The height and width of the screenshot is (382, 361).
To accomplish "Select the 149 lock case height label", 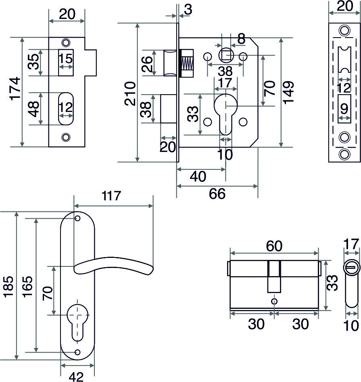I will (x=288, y=92).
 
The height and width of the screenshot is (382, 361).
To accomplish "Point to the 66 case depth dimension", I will (x=217, y=194).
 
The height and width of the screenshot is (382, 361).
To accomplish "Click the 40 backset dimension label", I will (x=198, y=177).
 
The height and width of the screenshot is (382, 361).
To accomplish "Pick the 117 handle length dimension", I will (x=112, y=196).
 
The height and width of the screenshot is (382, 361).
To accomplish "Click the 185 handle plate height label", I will (x=8, y=287).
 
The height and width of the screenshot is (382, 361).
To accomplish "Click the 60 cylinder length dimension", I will (x=274, y=245).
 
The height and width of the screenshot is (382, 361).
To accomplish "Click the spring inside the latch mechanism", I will (x=186, y=64).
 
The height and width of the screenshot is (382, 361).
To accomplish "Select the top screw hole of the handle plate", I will (x=77, y=219).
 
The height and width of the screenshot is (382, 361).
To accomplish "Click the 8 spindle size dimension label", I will (x=241, y=39).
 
